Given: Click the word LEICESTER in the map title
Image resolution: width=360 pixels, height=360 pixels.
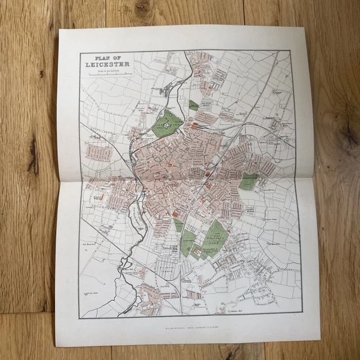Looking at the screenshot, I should (x=105, y=63).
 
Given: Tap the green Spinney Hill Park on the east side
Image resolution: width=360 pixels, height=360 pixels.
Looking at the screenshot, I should (x=248, y=181).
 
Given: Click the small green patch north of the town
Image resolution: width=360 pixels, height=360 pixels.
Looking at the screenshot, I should (x=194, y=105).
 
